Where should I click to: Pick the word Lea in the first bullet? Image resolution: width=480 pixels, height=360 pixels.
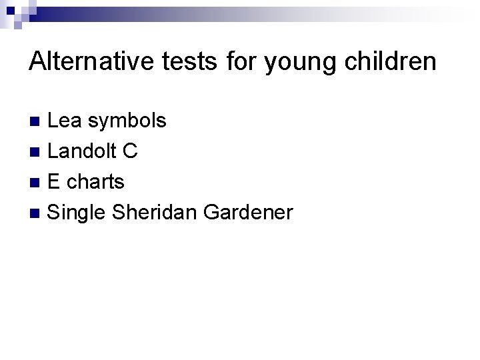tap(67, 121)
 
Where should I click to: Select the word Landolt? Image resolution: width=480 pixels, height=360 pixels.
tap(83, 151)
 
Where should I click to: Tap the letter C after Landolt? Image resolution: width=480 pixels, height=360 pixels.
tap(131, 151)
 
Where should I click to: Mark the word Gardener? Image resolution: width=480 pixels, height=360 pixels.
tap(248, 213)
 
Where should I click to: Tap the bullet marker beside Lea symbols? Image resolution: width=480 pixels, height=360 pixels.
tap(38, 121)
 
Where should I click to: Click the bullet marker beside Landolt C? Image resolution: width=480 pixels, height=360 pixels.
tap(38, 152)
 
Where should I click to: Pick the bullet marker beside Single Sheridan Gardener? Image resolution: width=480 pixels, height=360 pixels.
tap(38, 213)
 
